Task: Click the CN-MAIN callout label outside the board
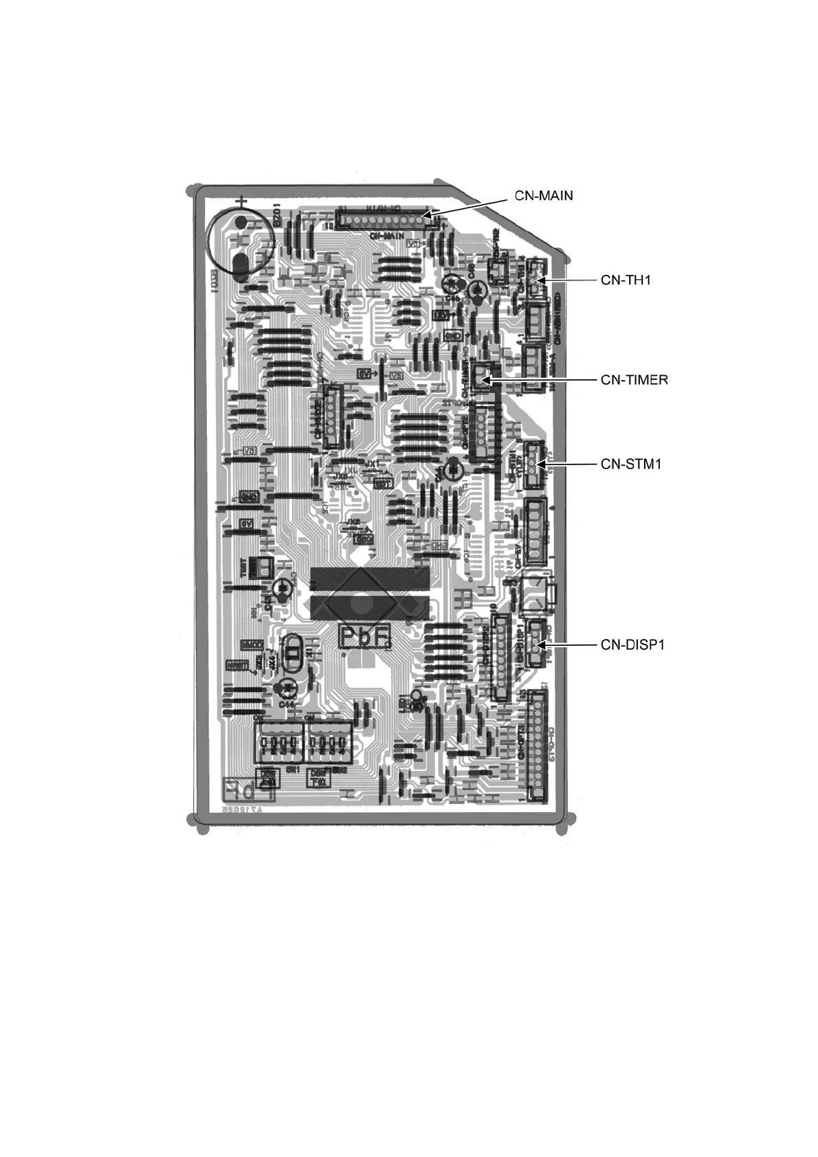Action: [544, 196]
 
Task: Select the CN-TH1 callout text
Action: [626, 280]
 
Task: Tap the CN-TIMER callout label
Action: [634, 379]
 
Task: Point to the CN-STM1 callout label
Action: [631, 464]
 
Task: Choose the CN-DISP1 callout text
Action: [632, 644]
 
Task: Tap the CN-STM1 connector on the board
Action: [534, 464]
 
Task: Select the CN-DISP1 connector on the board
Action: [534, 642]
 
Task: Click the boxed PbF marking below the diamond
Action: [365, 638]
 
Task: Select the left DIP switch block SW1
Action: [279, 744]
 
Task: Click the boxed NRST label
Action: [237, 666]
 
